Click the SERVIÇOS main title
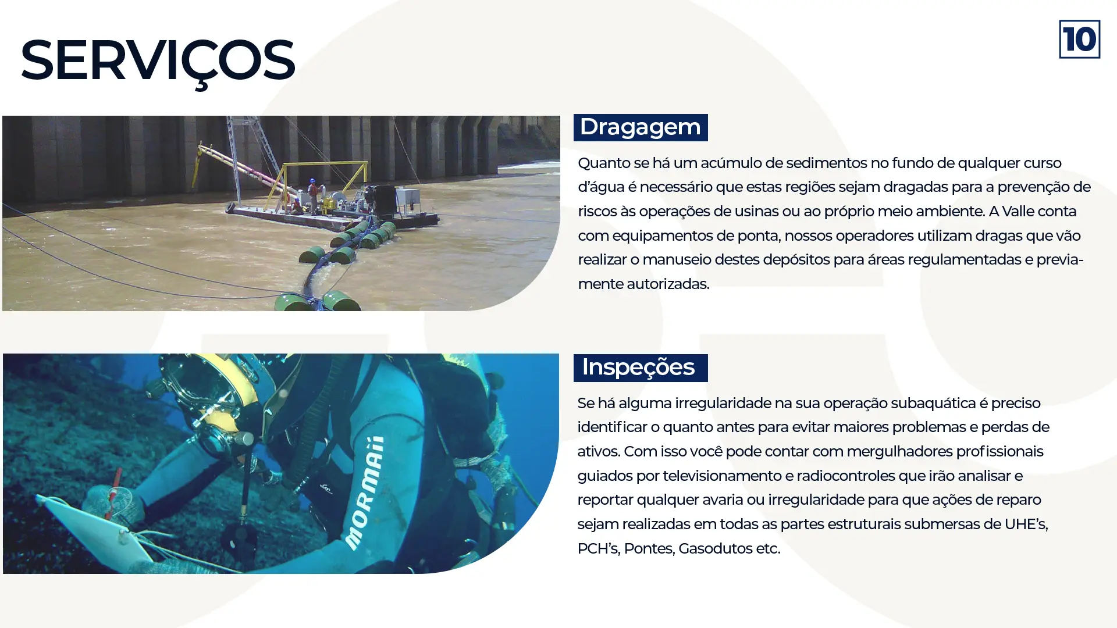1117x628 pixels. point(158,60)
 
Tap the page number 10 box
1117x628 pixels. point(1079,40)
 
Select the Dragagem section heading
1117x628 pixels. point(640,127)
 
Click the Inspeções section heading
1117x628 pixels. point(639,367)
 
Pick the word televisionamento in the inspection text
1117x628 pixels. point(721,476)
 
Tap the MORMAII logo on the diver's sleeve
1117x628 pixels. point(365,492)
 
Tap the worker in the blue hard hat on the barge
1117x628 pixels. point(313,192)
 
